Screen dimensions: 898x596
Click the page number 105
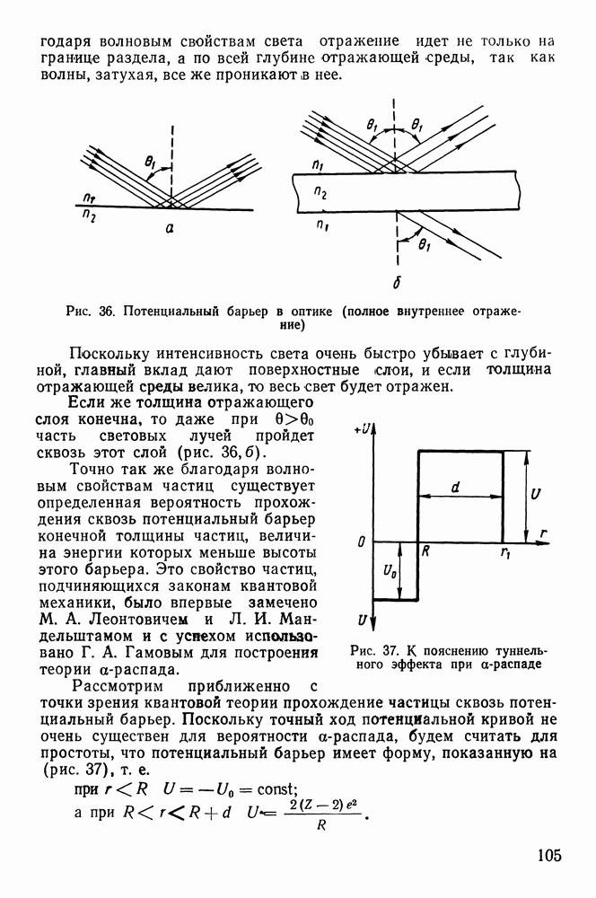tap(544, 854)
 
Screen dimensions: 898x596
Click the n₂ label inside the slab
tap(320, 193)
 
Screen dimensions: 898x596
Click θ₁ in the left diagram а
tap(149, 163)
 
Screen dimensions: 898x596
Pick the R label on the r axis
tap(425, 553)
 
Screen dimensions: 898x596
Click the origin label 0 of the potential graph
tap(359, 542)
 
